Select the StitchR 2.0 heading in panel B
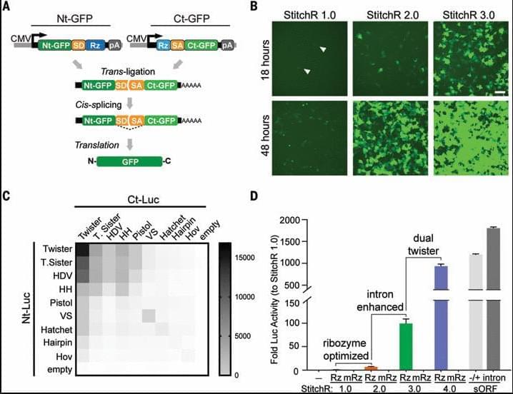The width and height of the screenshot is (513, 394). (384, 12)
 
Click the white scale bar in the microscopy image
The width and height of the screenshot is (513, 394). (499, 93)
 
